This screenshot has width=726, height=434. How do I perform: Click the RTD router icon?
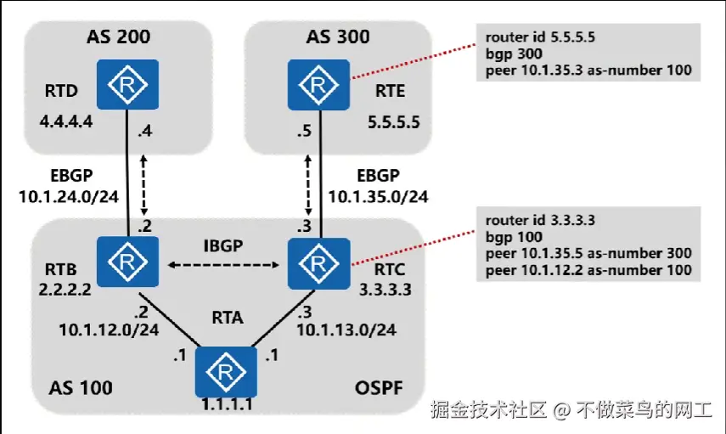pos(127,84)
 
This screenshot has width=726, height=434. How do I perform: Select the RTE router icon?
pos(318,84)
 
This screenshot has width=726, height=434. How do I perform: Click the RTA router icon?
pos(225,372)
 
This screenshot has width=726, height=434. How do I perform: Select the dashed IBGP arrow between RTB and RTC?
pos(225,265)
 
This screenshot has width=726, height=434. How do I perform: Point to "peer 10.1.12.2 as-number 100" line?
pos(588,269)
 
